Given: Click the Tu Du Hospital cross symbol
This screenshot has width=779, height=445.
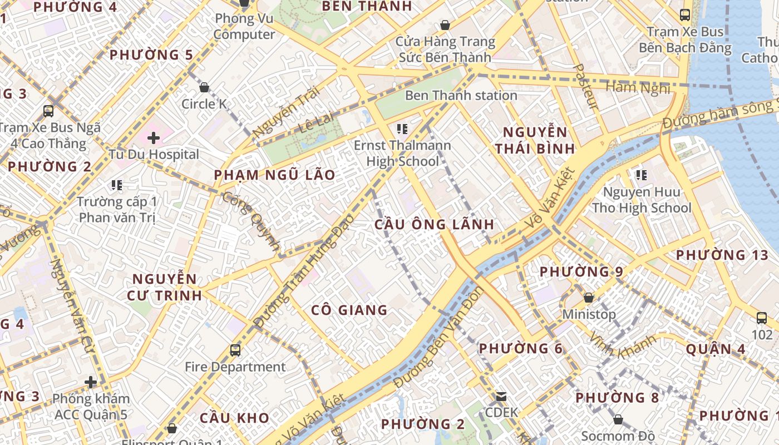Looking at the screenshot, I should click(154, 137).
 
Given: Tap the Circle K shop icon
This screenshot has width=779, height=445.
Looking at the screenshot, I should click(204, 87).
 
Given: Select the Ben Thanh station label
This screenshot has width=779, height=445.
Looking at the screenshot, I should click(461, 95).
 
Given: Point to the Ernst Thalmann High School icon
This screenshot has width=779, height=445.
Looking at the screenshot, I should click(402, 130).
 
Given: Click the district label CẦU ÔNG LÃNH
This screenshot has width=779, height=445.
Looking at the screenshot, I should click(434, 224).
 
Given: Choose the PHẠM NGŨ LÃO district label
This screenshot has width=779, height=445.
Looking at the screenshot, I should click(275, 175).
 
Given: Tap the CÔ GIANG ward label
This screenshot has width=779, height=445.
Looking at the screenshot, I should click(349, 310).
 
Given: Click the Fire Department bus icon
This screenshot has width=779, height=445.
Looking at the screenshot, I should click(235, 350).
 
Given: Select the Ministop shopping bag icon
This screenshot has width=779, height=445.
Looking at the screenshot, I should click(589, 298).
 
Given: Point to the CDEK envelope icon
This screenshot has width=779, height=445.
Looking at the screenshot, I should click(501, 397).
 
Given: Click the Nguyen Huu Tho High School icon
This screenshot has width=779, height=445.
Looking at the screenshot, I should click(641, 175).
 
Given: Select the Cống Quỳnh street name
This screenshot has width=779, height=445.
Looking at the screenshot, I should click(251, 221).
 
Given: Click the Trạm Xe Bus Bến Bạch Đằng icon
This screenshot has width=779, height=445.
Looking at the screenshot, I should click(685, 15).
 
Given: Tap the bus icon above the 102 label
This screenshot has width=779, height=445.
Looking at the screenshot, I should click(762, 318).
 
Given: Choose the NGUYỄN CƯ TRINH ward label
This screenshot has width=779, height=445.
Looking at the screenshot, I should click(164, 286).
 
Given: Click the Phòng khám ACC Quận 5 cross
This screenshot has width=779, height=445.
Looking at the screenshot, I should click(91, 382).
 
